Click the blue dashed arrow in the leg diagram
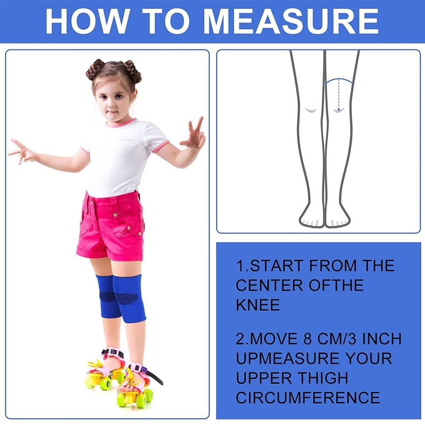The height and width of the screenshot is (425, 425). point(338,97)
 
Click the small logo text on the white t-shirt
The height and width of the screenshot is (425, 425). point(126,139)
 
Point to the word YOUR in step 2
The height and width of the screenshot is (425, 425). point(368,358)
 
